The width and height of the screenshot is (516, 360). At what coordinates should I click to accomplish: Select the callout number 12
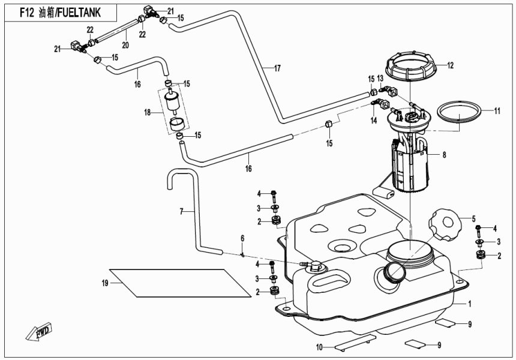451,65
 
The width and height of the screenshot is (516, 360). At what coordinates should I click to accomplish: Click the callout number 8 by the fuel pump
444,155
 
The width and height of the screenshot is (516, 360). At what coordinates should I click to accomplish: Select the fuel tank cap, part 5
444,228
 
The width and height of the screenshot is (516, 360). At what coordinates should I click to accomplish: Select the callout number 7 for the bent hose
181,211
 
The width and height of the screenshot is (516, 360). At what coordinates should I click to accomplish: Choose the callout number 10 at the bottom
320,347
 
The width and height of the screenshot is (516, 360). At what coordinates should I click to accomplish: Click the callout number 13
380,79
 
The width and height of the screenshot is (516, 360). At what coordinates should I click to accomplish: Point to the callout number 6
243,238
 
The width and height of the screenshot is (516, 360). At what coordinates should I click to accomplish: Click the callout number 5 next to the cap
473,218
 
